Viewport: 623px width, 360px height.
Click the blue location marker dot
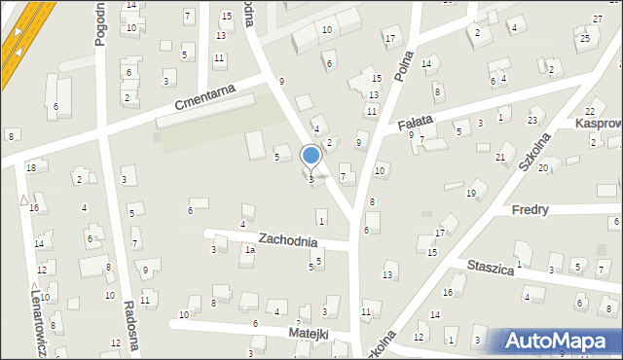(x=311, y=156)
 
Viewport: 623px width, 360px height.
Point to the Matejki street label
(x=309, y=334)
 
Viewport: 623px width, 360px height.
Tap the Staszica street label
(x=490, y=268)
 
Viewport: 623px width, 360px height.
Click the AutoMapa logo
(x=560, y=342)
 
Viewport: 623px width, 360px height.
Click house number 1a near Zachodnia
(x=250, y=250)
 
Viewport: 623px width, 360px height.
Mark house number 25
(x=584, y=39)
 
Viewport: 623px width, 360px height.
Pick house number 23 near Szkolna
(x=531, y=120)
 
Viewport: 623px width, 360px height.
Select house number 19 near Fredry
(x=470, y=194)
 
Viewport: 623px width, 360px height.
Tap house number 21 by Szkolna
(x=500, y=157)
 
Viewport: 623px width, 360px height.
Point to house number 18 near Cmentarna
(x=30, y=167)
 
